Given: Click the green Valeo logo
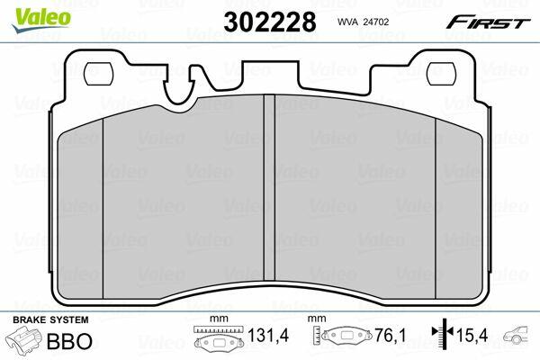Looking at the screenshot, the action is click(x=41, y=20).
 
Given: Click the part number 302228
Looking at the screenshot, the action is click(x=270, y=22).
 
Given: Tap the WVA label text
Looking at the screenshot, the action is click(x=348, y=22).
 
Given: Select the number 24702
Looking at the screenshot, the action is click(x=377, y=22).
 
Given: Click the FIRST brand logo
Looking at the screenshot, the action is click(x=488, y=22).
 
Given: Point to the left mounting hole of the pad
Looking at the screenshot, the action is click(x=99, y=74).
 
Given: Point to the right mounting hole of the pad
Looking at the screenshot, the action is click(x=441, y=74).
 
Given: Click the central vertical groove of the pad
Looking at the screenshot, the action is click(x=269, y=187).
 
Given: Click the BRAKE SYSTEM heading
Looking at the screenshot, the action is click(x=50, y=319).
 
